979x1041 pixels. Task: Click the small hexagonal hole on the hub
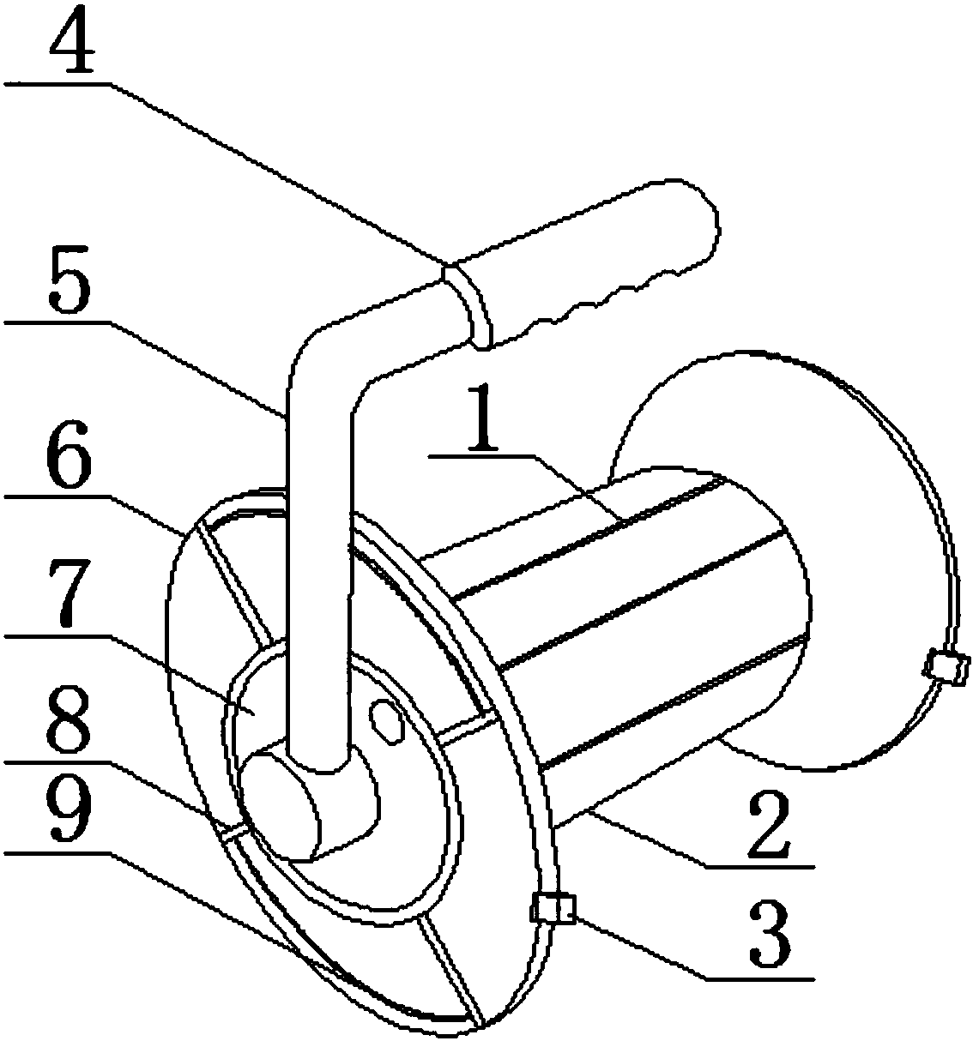(x=386, y=722)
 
